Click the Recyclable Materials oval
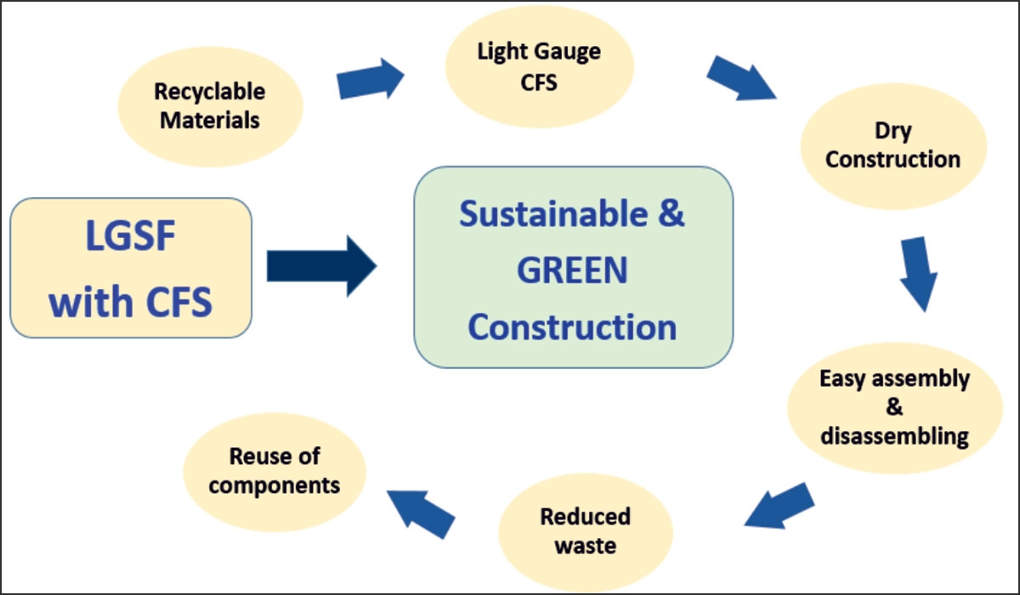click(210, 105)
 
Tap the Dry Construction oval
click(892, 145)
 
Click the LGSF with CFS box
click(132, 268)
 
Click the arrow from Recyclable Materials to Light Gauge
click(371, 80)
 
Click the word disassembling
click(894, 436)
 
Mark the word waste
click(585, 545)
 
